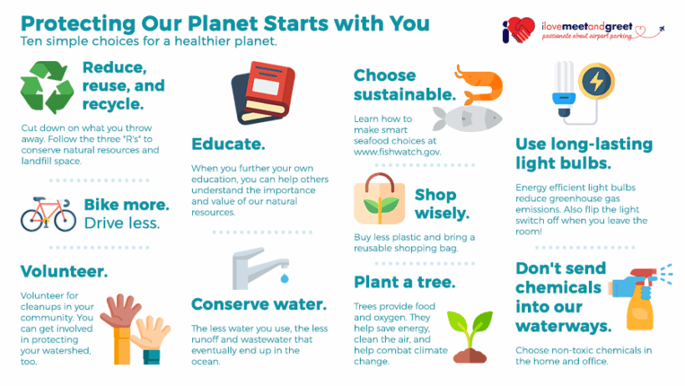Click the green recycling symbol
(x=47, y=87)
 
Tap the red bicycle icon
(x=48, y=214)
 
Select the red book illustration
(x=263, y=93)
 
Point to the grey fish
(x=468, y=119)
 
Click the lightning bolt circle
(x=596, y=81)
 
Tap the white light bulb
(x=564, y=89)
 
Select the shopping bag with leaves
(x=379, y=199)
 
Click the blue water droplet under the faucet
(x=284, y=278)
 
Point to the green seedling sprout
(x=469, y=337)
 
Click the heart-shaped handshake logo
(x=519, y=30)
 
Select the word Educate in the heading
(x=228, y=144)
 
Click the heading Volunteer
(x=63, y=272)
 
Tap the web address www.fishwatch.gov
(x=398, y=152)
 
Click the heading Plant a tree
(x=404, y=282)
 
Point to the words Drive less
(x=122, y=223)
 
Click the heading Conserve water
(x=259, y=304)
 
